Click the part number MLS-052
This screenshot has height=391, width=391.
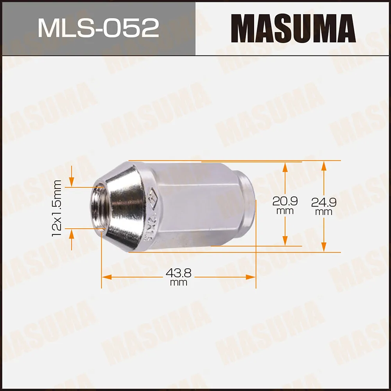click(98, 28)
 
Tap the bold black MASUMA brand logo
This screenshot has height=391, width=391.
click(293, 28)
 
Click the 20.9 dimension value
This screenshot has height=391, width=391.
click(285, 201)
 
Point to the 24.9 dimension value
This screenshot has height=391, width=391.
click(324, 202)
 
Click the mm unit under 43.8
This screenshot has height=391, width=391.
click(178, 283)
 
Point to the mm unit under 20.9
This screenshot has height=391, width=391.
click(285, 211)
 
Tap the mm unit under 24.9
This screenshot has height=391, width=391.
click(324, 212)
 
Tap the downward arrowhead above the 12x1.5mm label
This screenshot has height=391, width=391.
click(72, 182)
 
